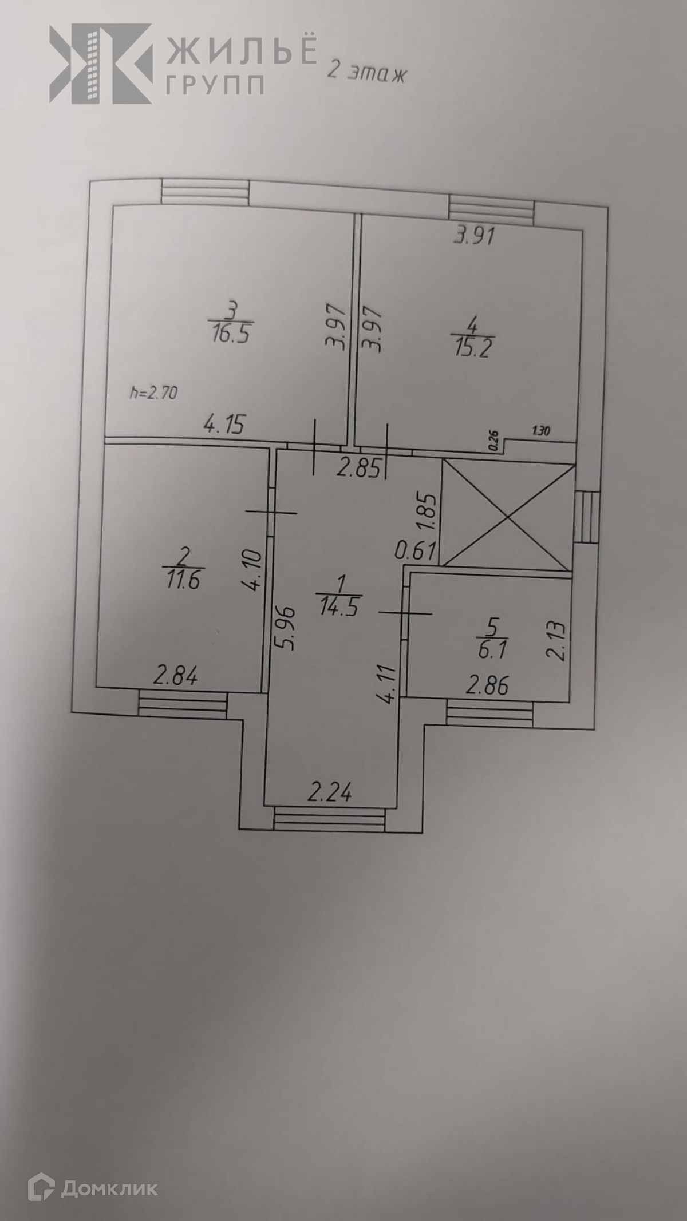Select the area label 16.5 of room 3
[x=230, y=334]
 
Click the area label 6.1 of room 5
[x=491, y=650]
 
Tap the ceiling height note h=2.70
[x=154, y=393]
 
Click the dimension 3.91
[x=474, y=236]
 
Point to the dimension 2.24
[x=329, y=793]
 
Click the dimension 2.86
[x=487, y=685]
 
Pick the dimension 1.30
[x=540, y=431]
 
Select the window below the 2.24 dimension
[x=329, y=819]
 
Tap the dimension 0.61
[x=416, y=552]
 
